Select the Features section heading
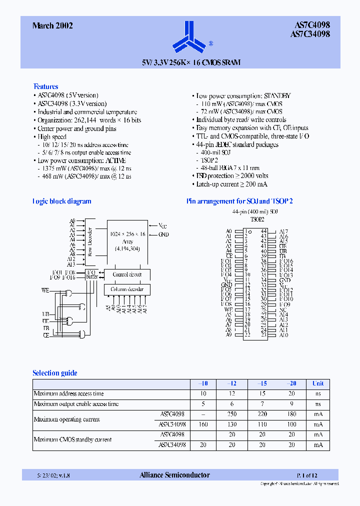pos(45,86)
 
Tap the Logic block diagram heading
pos(61,201)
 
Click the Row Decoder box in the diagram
pos(90,241)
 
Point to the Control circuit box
pos(127,274)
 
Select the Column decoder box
pos(127,289)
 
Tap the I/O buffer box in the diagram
pos(92,274)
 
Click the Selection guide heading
pos(55,373)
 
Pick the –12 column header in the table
pos(231,383)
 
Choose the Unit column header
pos(318,383)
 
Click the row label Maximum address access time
pos(69,393)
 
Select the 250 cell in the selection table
pos(231,414)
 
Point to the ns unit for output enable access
pos(318,404)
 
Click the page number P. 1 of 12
pos(307,475)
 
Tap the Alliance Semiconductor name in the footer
pos(175,475)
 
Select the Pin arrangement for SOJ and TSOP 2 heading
pos(239,201)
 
